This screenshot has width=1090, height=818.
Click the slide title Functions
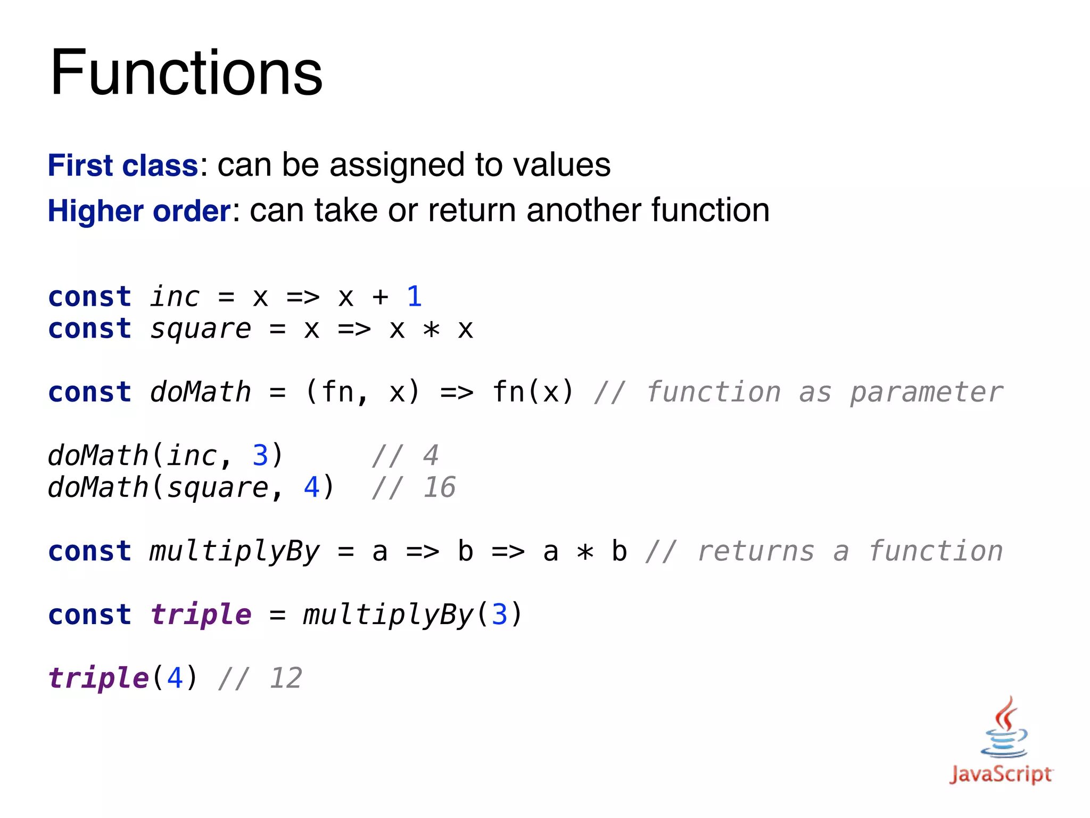tap(186, 72)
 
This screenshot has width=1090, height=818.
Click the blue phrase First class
tap(123, 165)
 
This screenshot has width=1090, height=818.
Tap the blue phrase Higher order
tap(139, 211)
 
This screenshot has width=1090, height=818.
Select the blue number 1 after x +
tap(414, 296)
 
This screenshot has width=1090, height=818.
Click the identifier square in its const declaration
tap(201, 329)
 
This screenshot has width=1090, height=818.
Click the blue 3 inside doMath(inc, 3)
tap(260, 455)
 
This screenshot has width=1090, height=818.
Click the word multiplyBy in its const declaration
tap(235, 551)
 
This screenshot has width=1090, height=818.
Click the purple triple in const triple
tap(201, 615)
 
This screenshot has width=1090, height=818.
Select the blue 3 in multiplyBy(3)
tap(499, 615)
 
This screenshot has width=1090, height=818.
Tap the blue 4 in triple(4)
tap(175, 678)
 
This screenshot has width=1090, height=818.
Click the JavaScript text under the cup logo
tap(1001, 774)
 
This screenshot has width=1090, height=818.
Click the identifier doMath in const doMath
tap(201, 392)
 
